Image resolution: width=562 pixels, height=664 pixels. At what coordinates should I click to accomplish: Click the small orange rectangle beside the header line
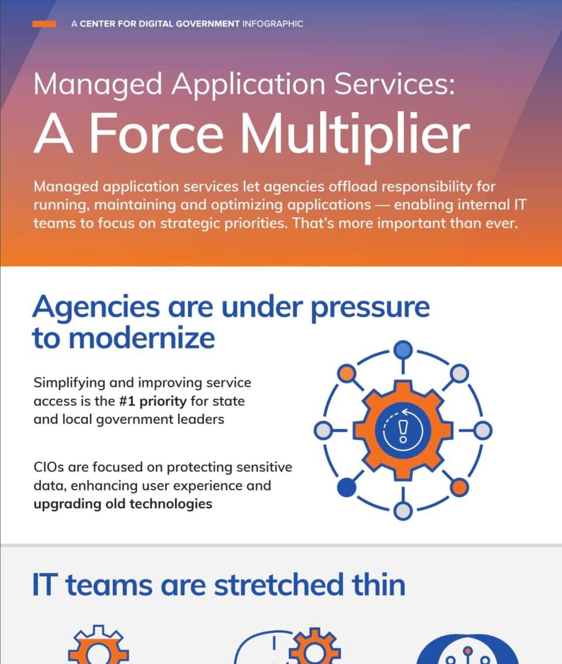[x=44, y=24]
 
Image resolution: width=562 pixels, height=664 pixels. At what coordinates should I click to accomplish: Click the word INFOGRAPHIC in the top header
[x=272, y=24]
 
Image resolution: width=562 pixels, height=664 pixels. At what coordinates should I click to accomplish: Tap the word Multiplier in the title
[x=356, y=135]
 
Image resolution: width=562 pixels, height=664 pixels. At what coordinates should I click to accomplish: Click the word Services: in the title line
[x=396, y=85]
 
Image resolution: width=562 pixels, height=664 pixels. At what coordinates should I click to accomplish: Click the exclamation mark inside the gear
[x=403, y=431]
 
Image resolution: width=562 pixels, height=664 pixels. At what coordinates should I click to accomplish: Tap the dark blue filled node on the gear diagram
[x=347, y=487]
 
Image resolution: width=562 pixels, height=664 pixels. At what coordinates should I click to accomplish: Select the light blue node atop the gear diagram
[x=403, y=350]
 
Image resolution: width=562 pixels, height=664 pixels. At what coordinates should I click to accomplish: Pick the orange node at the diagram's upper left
[x=347, y=373]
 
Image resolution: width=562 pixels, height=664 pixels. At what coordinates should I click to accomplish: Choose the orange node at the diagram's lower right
[x=460, y=487]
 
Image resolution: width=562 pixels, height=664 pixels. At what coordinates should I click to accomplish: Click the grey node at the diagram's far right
[x=482, y=431]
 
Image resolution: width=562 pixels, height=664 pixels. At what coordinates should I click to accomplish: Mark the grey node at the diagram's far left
[x=323, y=431]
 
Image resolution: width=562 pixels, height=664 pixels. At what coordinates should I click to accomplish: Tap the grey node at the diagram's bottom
[x=403, y=511]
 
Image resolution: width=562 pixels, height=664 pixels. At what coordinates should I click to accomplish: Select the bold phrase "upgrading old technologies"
[x=122, y=504]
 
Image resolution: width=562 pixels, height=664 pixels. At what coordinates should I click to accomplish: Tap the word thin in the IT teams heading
[x=376, y=585]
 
